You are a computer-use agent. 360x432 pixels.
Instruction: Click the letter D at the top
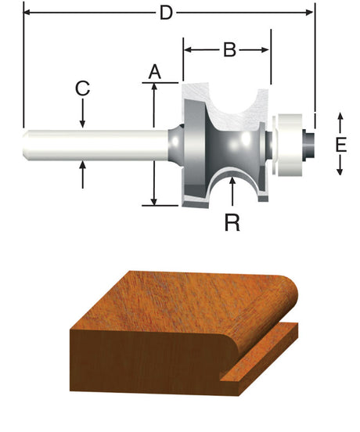[x=166, y=13]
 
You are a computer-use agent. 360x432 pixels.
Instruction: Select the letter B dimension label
[x=229, y=50]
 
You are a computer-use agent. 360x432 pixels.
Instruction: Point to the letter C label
[x=82, y=88]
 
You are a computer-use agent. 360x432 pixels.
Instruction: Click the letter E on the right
[x=340, y=145]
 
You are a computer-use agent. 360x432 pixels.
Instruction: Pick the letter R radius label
[x=232, y=222]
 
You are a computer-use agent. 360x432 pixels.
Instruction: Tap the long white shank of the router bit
[x=94, y=145]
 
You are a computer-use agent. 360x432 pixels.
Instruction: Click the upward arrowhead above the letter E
[x=340, y=117]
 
